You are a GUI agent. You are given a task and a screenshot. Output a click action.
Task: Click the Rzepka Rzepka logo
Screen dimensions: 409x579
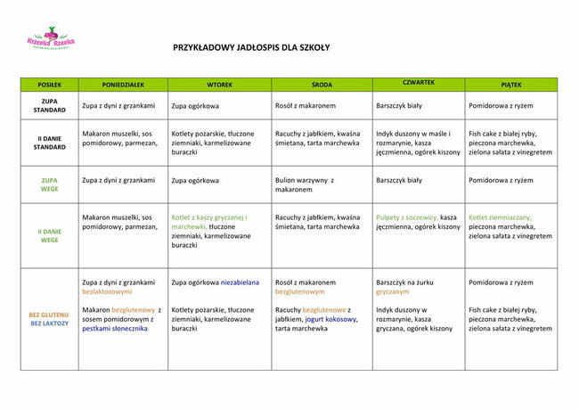tap(51, 38)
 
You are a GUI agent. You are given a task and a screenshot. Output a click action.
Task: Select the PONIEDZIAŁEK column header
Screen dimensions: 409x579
tap(123, 85)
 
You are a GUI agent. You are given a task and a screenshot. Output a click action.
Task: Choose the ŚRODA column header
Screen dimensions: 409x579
tap(322, 85)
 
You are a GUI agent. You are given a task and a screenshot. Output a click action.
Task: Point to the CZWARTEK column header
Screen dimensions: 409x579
tap(418, 82)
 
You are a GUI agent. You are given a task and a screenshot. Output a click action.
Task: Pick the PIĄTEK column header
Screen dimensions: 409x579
tap(510, 85)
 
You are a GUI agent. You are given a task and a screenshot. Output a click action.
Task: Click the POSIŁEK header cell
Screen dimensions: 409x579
tap(50, 85)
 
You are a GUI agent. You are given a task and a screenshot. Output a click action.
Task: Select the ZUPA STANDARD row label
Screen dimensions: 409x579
tap(50, 106)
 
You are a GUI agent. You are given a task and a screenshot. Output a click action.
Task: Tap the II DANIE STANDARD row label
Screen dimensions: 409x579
tap(50, 143)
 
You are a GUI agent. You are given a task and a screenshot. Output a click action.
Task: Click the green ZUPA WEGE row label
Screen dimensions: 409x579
tap(50, 184)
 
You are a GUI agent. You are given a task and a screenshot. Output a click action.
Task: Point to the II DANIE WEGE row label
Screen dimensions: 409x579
tap(50, 235)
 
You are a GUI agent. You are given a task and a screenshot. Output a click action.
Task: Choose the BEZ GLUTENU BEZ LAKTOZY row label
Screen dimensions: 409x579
tap(49, 319)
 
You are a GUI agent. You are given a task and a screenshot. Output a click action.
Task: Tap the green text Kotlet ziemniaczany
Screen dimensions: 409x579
tap(500, 217)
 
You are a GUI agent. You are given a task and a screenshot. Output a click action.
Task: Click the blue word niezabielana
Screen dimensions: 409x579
tap(240, 282)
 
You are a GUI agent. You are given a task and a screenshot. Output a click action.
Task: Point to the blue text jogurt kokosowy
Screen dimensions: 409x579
tap(330, 318)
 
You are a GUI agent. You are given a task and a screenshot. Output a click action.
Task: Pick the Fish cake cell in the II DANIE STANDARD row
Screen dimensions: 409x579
tap(510, 143)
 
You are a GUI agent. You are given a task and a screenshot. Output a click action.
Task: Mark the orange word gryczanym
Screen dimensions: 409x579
tap(393, 291)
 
